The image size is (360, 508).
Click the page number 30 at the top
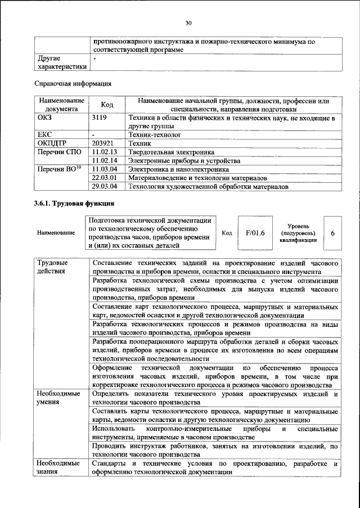click(x=188, y=23)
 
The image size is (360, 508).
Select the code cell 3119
click(x=100, y=118)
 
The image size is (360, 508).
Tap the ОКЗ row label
click(x=44, y=118)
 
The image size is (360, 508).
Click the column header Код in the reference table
click(x=106, y=105)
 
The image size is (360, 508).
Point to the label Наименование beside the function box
click(x=56, y=232)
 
